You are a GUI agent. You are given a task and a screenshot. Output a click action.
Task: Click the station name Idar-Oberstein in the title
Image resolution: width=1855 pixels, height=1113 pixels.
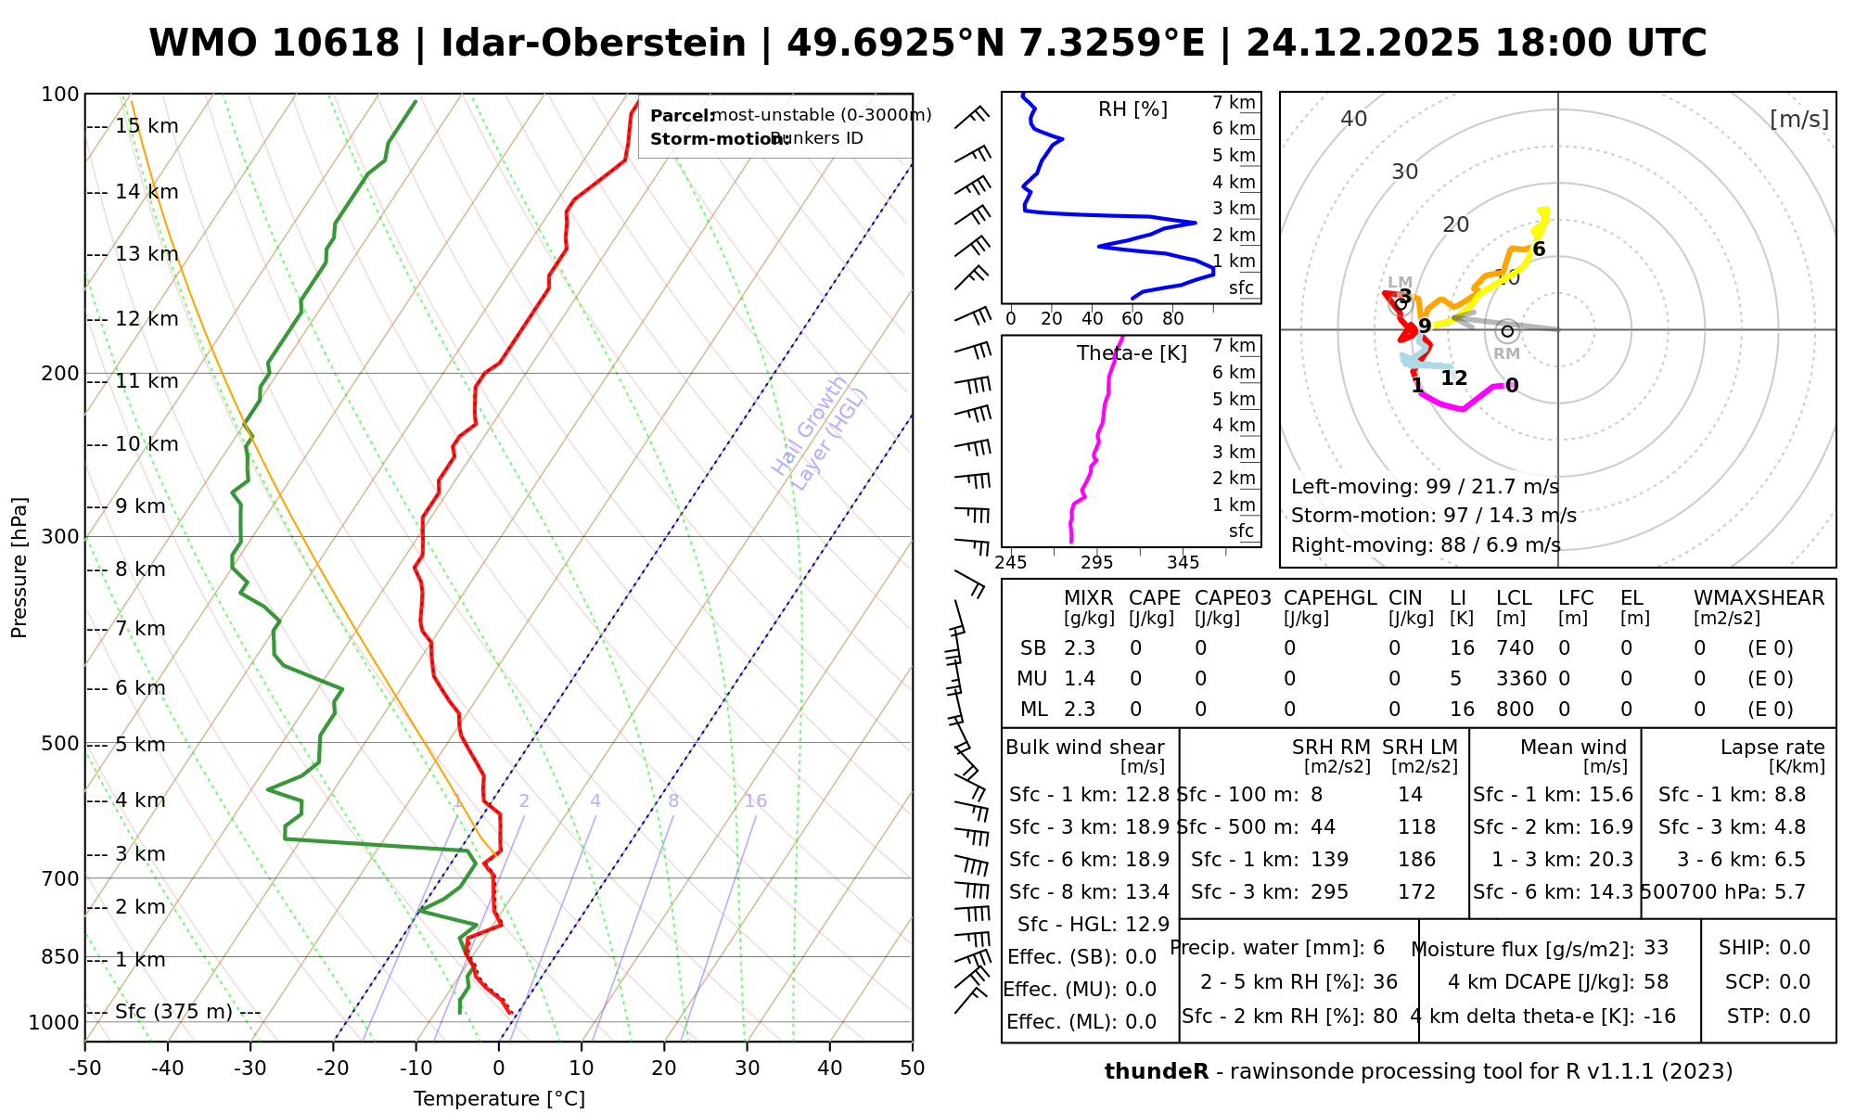[593, 44]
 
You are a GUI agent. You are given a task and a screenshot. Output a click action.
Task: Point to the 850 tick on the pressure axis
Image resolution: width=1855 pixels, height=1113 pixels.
[60, 956]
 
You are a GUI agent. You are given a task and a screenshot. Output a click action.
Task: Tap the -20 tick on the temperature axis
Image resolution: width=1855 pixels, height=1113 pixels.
[333, 1068]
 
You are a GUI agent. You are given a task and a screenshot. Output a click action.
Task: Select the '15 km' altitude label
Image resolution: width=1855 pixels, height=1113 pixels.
[147, 126]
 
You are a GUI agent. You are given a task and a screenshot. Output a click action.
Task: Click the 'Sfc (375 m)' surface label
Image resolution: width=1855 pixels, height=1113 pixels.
[173, 1011]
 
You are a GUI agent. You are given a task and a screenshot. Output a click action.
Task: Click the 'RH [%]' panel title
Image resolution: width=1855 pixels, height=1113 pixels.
[1132, 109]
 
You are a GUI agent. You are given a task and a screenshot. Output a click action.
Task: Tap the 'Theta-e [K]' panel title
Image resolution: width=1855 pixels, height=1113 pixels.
[1132, 353]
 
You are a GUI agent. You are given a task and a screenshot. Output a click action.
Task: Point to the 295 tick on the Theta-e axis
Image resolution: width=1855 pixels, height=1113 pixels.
[1097, 562]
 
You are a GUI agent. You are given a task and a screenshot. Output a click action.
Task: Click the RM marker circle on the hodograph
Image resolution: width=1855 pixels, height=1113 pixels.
[1507, 331]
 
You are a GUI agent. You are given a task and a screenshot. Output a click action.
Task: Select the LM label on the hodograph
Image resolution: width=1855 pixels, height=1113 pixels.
[1400, 282]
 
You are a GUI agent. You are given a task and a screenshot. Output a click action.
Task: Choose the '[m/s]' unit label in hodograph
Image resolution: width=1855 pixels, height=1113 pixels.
[1798, 120]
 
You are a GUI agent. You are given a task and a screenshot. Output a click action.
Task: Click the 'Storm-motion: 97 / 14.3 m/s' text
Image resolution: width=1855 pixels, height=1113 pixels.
[1433, 516]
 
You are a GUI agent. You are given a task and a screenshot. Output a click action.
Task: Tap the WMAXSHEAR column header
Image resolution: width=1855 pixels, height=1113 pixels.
[1759, 598]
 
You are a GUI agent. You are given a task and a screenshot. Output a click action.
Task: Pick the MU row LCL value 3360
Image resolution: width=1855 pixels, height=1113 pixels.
[1521, 679]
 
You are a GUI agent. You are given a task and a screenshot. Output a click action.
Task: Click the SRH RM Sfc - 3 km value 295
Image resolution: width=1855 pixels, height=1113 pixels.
[1329, 892]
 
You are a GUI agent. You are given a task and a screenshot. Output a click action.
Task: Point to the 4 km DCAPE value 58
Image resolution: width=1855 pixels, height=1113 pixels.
[1656, 982]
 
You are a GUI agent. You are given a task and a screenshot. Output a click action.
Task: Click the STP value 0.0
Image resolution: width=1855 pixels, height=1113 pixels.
[1795, 1017]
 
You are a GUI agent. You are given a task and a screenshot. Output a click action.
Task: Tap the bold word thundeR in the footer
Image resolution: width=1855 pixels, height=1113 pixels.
[1156, 1072]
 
